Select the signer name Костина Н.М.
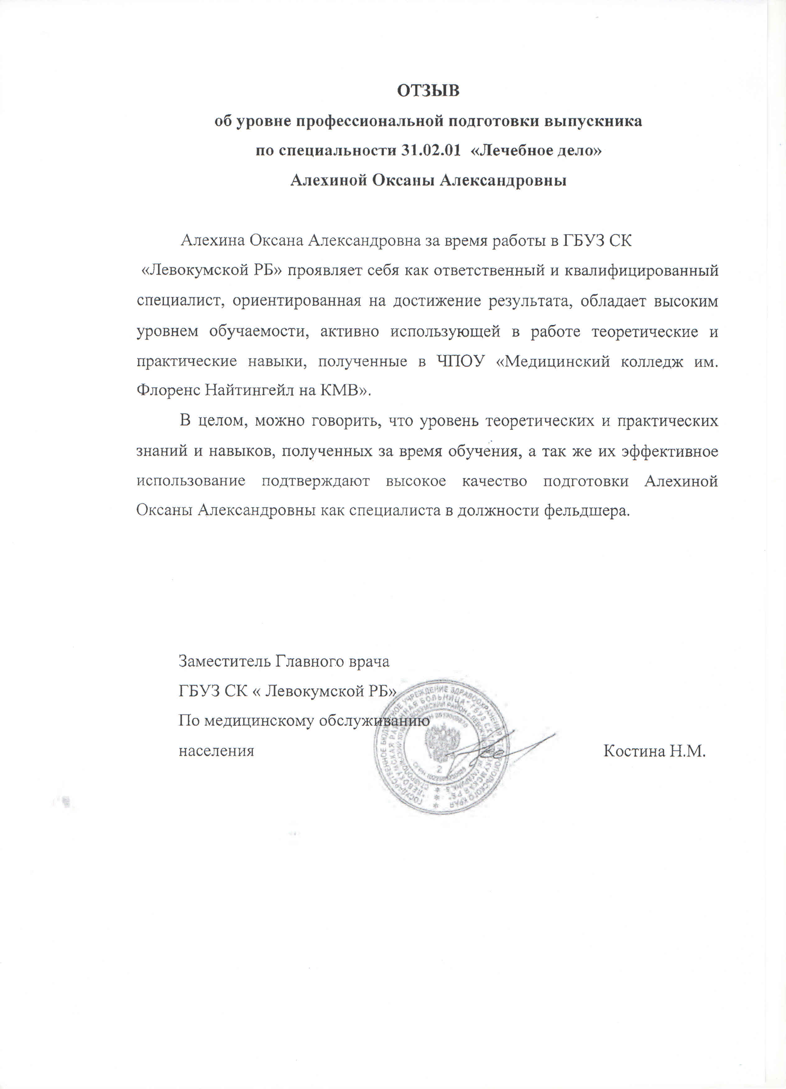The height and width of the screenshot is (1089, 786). tap(654, 751)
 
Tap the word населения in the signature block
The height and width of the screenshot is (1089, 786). tap(216, 751)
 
